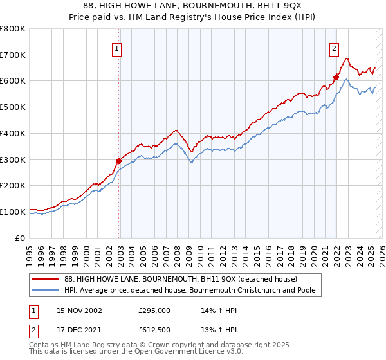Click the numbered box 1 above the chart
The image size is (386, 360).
click(116, 48)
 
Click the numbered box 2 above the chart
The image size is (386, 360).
click(335, 48)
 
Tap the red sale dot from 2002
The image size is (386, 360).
click(118, 161)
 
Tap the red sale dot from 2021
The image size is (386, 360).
click(336, 78)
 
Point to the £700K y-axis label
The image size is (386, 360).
click(12, 55)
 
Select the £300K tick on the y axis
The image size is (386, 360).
click(12, 159)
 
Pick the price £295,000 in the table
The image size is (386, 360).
click(154, 310)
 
